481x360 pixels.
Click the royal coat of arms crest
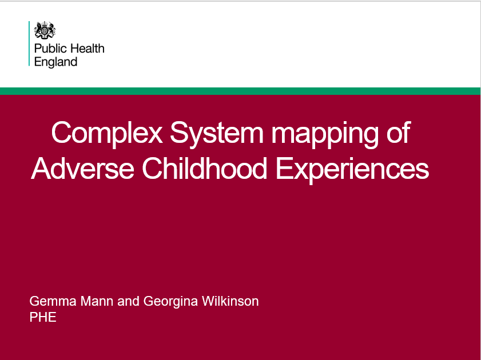45,30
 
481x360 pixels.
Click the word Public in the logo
50,49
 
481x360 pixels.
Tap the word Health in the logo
87,49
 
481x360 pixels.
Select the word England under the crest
56,62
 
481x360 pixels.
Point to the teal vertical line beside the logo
29,43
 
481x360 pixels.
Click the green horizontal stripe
240,91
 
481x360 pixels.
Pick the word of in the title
399,132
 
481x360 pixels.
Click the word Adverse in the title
82,168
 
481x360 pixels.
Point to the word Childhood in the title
204,168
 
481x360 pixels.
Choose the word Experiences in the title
352,170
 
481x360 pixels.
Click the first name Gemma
53,301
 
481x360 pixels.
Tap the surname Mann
97,301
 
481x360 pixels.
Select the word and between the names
128,301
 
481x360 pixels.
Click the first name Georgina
170,302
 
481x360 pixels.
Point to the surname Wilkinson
230,301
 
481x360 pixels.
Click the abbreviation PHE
43,317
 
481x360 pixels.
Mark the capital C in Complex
61,133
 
